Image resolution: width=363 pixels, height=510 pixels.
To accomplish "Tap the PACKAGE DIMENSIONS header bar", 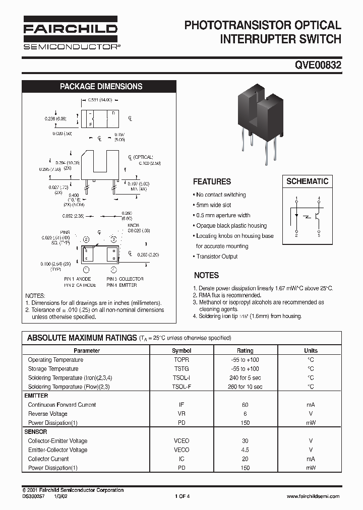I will [x=101, y=86].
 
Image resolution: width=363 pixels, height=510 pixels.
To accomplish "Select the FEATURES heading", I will [x=212, y=181].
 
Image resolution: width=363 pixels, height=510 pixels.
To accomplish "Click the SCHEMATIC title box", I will [x=307, y=181].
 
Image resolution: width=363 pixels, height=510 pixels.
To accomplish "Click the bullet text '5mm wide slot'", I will [x=213, y=205].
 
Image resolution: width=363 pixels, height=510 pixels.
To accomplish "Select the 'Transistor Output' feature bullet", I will [x=217, y=257].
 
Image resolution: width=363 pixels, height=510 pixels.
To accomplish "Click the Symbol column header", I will [x=181, y=350].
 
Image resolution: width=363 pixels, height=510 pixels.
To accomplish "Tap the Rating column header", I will [x=245, y=350].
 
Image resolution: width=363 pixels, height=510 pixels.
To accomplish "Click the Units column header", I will [x=311, y=350].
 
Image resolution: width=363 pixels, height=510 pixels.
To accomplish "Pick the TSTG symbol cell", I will [x=181, y=369].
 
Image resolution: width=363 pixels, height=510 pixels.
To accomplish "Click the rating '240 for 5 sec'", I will [x=245, y=378].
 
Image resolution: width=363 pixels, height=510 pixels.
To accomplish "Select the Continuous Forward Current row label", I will [x=62, y=405].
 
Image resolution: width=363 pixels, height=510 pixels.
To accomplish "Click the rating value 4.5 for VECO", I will [x=245, y=450].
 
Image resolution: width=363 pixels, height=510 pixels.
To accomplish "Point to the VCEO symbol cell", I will [x=181, y=441].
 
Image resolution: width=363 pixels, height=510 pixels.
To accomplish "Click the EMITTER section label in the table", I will [x=36, y=396].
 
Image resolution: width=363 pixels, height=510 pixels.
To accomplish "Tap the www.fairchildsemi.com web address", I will [x=313, y=496].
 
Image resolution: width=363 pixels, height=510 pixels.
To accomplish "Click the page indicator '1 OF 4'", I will [x=182, y=496].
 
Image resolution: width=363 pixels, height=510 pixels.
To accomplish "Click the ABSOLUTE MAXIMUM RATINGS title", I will [x=81, y=338].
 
